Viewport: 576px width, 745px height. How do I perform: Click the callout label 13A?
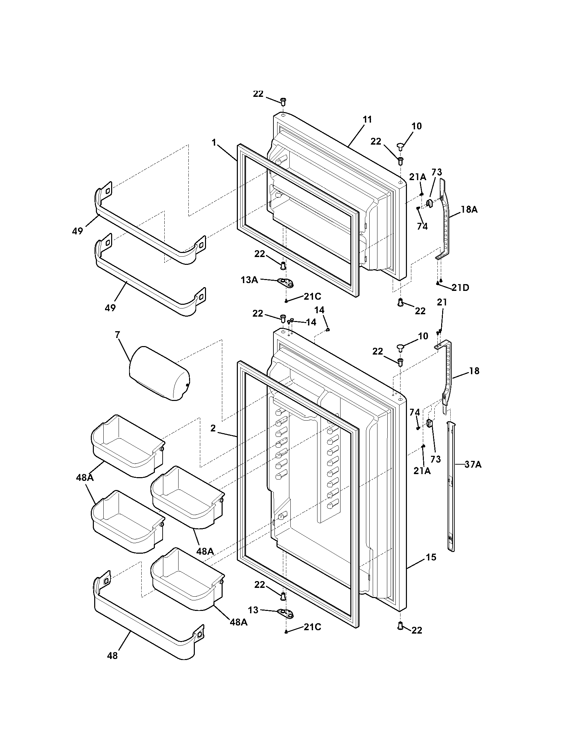249,280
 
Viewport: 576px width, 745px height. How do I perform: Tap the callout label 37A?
473,464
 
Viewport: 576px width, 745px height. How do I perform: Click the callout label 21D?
460,288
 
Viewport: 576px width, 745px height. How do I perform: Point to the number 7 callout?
117,335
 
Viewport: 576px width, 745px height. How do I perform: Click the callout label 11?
367,120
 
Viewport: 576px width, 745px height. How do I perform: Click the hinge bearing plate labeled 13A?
286,282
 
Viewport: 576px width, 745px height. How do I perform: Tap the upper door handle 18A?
445,222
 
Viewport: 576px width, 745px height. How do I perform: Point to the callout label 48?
112,656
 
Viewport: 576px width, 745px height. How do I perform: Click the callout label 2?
213,428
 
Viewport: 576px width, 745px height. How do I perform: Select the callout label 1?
214,143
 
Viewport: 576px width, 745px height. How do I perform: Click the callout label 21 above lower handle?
442,302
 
